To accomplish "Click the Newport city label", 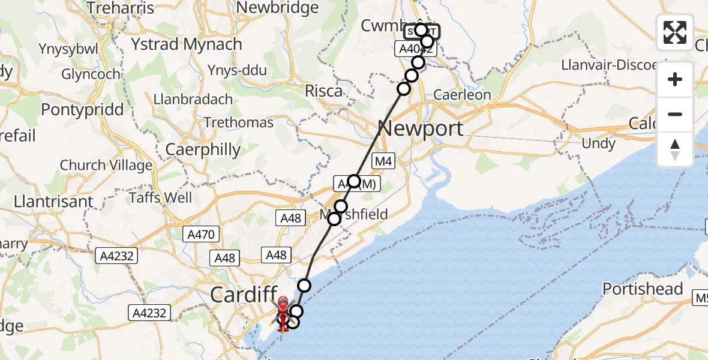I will click(421, 128).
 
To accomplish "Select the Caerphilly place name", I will click(203, 149).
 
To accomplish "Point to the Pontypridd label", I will click(82, 110).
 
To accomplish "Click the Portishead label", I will click(643, 289).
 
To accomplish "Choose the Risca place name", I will click(324, 91).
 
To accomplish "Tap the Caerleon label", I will click(462, 95).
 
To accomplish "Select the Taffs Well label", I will click(161, 197).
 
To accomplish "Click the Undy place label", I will click(598, 144).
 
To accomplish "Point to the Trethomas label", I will click(238, 123).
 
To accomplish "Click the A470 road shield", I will click(200, 235).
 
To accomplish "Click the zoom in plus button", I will click(675, 79).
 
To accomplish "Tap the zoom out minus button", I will click(675, 114).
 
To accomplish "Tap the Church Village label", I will click(106, 165).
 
